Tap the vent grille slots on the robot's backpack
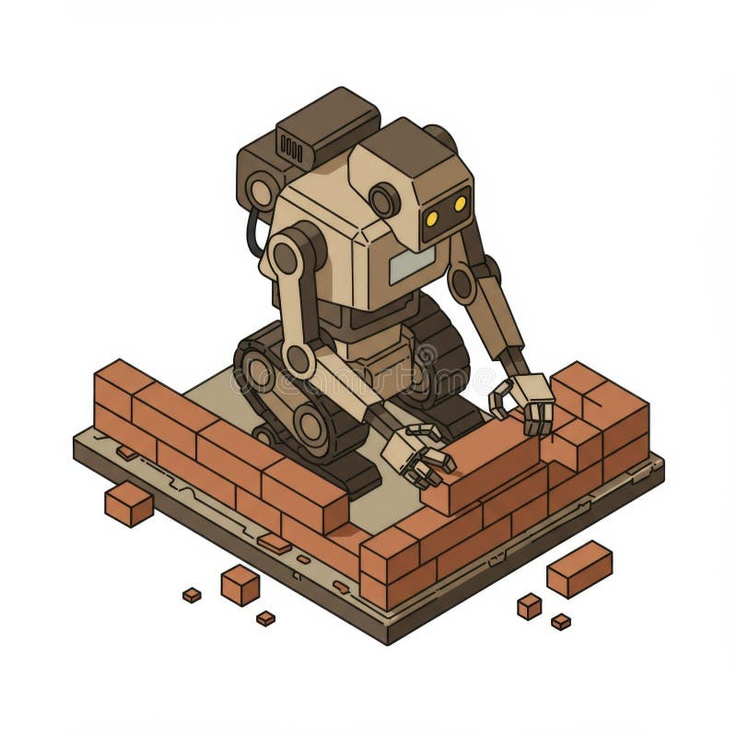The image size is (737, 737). click(x=291, y=147)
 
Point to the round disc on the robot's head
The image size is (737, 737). click(x=383, y=200)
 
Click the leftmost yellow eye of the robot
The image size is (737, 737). click(x=431, y=217)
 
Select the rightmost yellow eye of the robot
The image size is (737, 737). click(x=458, y=205)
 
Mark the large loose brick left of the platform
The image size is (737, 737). click(x=128, y=504)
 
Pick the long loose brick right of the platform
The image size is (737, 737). click(x=579, y=567)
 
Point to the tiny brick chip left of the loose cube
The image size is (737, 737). click(x=192, y=595)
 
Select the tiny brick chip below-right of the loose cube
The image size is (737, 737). click(x=265, y=617)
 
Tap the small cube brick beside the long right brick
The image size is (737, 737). click(x=529, y=605)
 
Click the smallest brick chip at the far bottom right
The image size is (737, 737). click(x=560, y=622)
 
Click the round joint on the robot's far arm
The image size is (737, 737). click(x=462, y=284)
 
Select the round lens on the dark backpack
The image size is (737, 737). click(x=261, y=192)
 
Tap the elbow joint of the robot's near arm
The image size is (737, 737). click(x=298, y=358)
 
